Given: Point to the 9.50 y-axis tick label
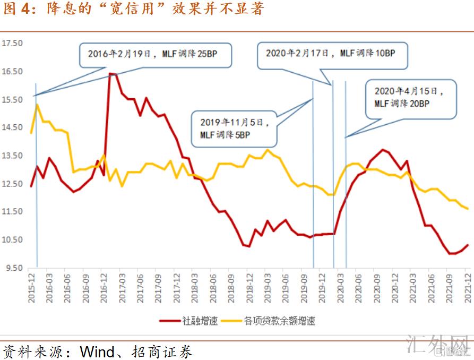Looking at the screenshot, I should click(14, 268).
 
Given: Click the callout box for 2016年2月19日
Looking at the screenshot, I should click(156, 54).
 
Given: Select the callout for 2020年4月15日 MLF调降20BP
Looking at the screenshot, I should click(410, 98).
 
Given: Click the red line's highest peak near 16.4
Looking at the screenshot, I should click(110, 74).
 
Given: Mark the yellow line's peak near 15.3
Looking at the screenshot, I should click(37, 105).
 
